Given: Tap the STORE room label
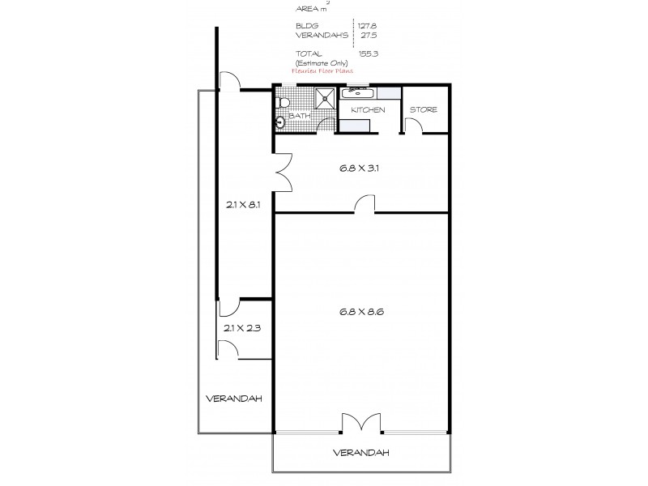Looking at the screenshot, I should (423, 109).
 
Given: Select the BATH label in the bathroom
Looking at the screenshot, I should (300, 116).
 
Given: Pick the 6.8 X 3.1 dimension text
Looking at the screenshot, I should (360, 170).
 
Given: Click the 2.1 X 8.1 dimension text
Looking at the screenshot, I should (243, 205).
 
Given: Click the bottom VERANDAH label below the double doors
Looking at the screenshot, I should (360, 452).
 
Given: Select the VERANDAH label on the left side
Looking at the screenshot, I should (232, 399).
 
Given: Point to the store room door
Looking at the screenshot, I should (412, 125).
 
